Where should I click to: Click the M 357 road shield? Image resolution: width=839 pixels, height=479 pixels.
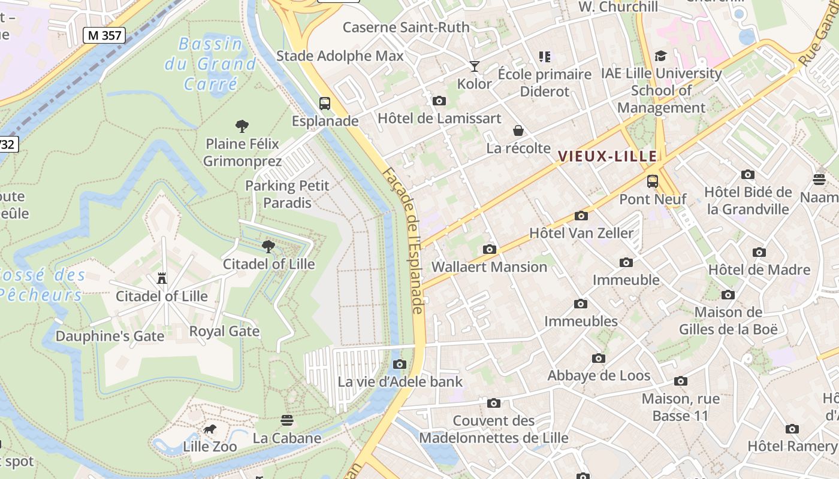click(x=104, y=35)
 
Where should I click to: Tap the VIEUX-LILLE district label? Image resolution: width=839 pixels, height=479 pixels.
click(x=607, y=156)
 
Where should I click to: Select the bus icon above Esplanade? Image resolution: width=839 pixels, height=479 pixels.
click(x=325, y=104)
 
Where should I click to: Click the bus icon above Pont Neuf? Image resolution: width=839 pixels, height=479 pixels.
click(x=653, y=181)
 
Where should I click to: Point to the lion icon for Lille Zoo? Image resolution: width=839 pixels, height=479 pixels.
click(x=209, y=429)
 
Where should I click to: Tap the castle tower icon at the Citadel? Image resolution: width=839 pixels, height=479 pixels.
click(x=161, y=278)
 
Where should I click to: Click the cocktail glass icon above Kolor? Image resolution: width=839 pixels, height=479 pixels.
click(x=475, y=66)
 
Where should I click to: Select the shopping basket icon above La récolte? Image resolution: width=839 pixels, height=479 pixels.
click(x=518, y=131)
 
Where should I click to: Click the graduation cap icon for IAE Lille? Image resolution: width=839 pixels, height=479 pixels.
click(x=661, y=56)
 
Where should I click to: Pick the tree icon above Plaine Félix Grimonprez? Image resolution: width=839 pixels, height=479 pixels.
click(x=242, y=126)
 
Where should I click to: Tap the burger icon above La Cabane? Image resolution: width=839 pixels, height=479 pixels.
click(x=287, y=420)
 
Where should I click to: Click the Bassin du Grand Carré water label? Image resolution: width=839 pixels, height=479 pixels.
click(x=210, y=63)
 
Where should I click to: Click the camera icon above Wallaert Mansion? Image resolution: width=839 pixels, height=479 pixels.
click(x=490, y=249)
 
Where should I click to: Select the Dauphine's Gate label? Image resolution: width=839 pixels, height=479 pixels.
click(x=110, y=336)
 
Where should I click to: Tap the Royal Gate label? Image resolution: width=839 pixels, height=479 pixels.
click(x=224, y=331)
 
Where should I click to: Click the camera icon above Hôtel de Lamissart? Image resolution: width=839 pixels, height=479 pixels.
click(x=439, y=101)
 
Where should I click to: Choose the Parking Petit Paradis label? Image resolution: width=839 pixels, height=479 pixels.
click(x=288, y=194)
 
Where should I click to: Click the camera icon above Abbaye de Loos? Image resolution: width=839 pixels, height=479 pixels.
click(x=598, y=358)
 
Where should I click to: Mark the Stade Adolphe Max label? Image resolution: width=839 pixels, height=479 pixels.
click(x=340, y=56)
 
